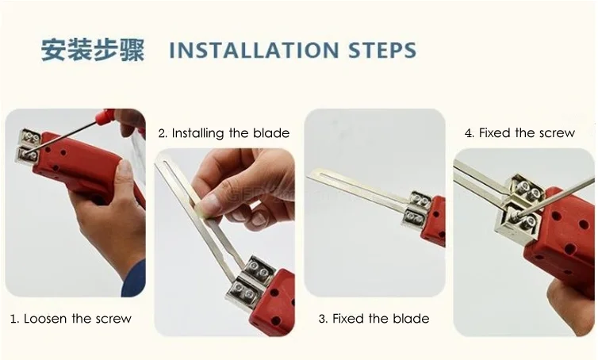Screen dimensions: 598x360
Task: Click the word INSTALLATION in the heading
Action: click(254, 50)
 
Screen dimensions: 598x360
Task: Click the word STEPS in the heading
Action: click(382, 50)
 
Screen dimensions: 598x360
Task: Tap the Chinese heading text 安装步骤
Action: click(93, 50)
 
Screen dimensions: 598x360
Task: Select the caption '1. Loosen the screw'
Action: click(71, 319)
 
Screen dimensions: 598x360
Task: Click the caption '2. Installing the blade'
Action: click(224, 133)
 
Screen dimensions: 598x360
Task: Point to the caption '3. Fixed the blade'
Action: click(374, 319)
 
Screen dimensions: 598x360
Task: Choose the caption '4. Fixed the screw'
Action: click(519, 132)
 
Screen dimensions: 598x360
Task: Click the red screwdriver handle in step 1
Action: click(105, 115)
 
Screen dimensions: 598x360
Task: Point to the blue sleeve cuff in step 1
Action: click(133, 279)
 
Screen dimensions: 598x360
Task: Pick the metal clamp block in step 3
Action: click(416, 211)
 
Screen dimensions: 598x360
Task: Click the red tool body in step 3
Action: click(434, 220)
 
